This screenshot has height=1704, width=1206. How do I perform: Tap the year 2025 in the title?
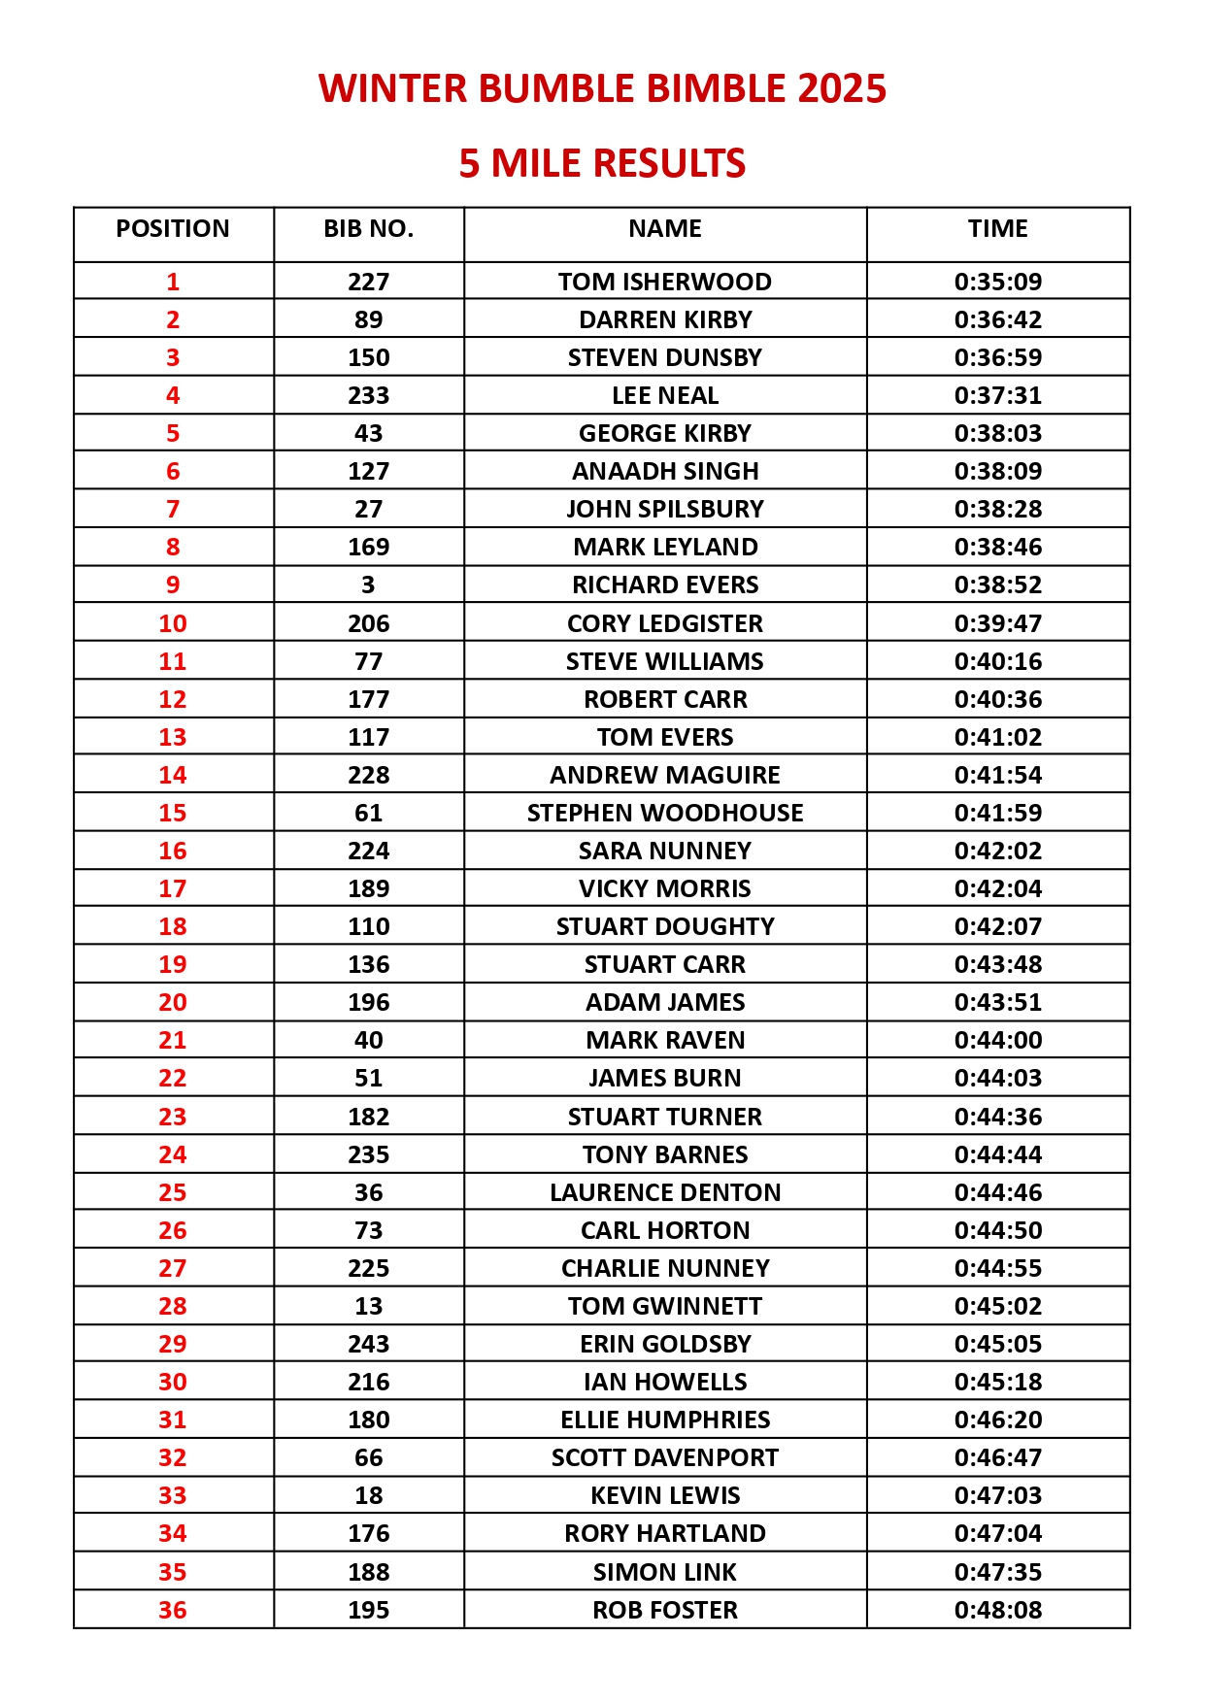point(842,88)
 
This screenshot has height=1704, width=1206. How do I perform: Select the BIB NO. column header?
point(368,229)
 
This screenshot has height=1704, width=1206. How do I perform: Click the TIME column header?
point(997,229)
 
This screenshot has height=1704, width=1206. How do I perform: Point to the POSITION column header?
point(173,229)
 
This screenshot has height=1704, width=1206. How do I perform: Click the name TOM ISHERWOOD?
point(664,282)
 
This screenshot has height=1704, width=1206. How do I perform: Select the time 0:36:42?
point(997,319)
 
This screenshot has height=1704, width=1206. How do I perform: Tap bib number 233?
point(368,395)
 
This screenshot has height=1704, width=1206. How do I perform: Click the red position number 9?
point(173,585)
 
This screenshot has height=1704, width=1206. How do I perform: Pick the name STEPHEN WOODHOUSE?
point(664,813)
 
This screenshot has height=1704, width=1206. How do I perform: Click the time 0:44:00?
point(997,1040)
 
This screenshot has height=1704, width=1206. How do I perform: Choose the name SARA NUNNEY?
point(664,851)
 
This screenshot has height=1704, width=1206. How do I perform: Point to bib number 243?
point(368,1344)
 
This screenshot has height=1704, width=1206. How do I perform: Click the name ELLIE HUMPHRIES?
point(664,1420)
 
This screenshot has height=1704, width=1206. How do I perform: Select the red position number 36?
point(173,1610)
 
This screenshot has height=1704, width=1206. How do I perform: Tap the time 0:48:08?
point(997,1610)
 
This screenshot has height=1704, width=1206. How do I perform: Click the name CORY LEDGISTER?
point(664,623)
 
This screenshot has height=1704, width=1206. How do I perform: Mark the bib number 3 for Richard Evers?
point(368,585)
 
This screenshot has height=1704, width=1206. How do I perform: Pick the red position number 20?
point(173,1002)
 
